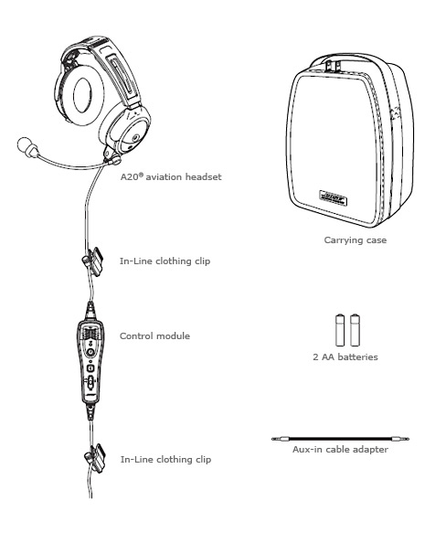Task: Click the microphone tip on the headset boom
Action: (x=25, y=144)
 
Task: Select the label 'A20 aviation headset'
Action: (x=171, y=177)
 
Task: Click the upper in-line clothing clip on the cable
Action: (x=92, y=261)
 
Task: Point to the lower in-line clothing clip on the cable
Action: (x=95, y=458)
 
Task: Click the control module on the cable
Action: (x=90, y=361)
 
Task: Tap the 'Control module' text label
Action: (x=154, y=335)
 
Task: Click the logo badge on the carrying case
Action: (x=333, y=198)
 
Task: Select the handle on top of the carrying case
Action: (x=333, y=65)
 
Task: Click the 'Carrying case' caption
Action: (x=355, y=240)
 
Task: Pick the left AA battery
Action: (x=340, y=330)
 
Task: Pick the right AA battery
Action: (x=355, y=330)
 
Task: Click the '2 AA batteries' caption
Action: (x=345, y=357)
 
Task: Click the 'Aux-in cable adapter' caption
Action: (x=340, y=450)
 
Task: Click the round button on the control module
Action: (x=90, y=353)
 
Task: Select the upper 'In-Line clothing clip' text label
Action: (x=164, y=261)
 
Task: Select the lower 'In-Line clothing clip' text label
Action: (x=165, y=460)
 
